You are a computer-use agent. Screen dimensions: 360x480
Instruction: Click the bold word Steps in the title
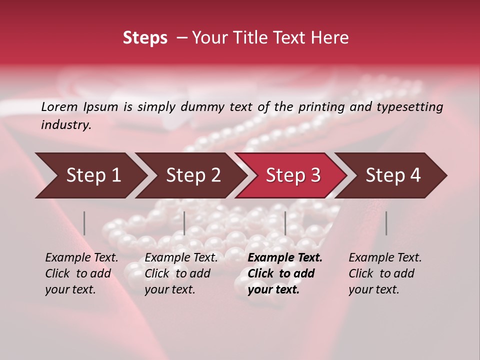click(x=145, y=38)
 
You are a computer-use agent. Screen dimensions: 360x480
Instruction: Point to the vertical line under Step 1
click(x=84, y=223)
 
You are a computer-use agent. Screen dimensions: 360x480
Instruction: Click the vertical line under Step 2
click(x=184, y=223)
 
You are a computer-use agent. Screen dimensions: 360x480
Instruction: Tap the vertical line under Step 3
click(x=285, y=223)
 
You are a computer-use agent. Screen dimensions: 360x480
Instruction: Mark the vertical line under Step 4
click(x=386, y=223)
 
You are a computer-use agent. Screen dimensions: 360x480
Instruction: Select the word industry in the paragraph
click(x=66, y=125)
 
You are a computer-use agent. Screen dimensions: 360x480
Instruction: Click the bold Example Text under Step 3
click(x=285, y=257)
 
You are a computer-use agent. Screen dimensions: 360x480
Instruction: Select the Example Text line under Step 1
click(x=82, y=257)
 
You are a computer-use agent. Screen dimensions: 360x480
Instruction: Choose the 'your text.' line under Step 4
click(x=374, y=289)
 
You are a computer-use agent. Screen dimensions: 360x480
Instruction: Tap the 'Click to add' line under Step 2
click(x=177, y=273)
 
